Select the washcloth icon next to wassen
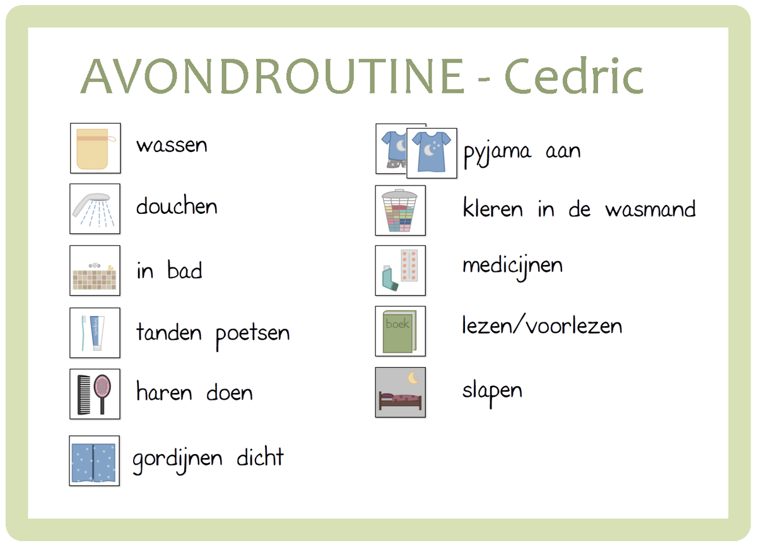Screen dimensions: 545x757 [95, 149]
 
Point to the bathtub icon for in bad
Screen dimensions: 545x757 [95, 278]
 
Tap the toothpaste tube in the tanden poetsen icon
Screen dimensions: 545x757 [97, 332]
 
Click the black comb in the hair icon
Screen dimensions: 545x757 [83, 394]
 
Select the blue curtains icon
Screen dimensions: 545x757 [95, 460]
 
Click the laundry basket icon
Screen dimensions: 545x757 [401, 211]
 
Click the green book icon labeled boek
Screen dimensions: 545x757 [400, 331]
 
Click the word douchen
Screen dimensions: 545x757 [177, 206]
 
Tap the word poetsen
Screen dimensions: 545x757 [253, 333]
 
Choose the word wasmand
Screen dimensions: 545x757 [650, 209]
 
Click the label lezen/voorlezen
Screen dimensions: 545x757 [542, 326]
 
